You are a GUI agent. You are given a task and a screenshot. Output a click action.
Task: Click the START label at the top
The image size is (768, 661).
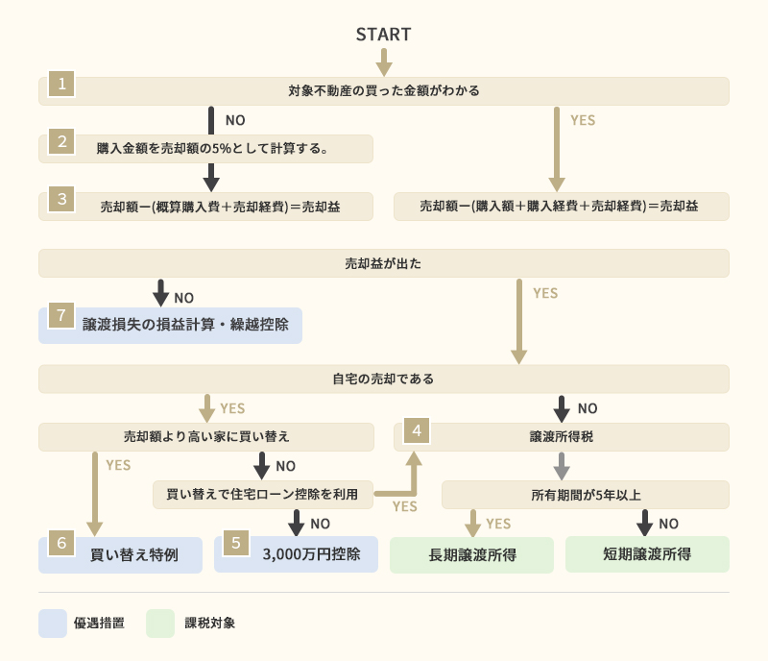(383, 35)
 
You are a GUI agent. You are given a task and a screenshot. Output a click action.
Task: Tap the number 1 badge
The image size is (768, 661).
(61, 84)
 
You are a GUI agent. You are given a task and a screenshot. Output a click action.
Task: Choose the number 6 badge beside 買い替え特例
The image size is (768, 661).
(61, 543)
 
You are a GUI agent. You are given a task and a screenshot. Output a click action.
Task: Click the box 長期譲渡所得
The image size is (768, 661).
(471, 555)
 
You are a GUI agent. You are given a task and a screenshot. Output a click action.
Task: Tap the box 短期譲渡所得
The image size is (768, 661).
(647, 554)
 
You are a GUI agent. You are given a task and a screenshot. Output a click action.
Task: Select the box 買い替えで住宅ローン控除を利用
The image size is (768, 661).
(262, 495)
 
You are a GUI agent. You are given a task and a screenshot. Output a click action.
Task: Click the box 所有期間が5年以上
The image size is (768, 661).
(585, 495)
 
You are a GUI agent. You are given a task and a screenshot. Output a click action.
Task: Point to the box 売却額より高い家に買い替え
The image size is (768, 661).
(206, 436)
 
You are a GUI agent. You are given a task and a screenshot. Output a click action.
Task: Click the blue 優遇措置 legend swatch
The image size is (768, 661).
(52, 623)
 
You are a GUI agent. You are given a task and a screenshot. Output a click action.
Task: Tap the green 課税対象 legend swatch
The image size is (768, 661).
(160, 623)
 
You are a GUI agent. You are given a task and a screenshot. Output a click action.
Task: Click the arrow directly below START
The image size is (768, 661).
(384, 62)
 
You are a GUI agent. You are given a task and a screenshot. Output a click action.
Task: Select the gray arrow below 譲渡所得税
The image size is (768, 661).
(562, 466)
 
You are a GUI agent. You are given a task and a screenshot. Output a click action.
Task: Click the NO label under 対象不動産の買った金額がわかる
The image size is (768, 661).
(235, 121)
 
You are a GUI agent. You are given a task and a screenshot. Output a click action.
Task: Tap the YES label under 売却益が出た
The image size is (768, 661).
(544, 293)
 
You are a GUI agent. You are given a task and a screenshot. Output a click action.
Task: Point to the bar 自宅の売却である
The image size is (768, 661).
(384, 379)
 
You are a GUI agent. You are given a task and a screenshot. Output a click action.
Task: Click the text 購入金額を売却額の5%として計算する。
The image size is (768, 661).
(213, 148)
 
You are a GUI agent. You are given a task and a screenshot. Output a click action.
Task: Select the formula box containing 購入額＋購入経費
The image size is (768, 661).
(561, 207)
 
